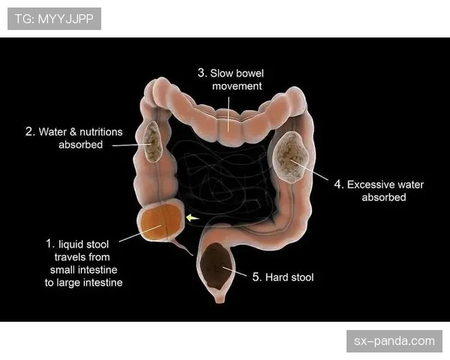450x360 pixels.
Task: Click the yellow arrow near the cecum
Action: (x=192, y=218)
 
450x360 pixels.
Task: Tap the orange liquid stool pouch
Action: (x=161, y=221)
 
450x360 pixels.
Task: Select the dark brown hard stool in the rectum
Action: (x=216, y=265)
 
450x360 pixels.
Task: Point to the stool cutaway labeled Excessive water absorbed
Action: (x=291, y=157)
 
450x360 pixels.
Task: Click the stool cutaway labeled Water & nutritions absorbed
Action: (x=153, y=142)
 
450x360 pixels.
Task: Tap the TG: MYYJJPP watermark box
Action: (x=54, y=19)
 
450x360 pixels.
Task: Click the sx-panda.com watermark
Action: (x=394, y=341)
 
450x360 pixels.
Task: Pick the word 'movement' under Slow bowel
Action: (x=237, y=86)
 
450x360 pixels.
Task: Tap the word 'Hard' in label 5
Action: (x=276, y=277)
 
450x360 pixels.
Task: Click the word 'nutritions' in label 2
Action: (x=101, y=132)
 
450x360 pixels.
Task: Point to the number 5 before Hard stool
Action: (x=256, y=277)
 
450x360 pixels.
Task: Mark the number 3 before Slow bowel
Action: (x=202, y=73)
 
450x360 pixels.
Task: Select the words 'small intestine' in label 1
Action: (x=84, y=270)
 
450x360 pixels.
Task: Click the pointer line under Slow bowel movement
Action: (x=229, y=114)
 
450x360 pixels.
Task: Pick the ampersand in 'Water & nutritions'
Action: (x=73, y=132)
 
